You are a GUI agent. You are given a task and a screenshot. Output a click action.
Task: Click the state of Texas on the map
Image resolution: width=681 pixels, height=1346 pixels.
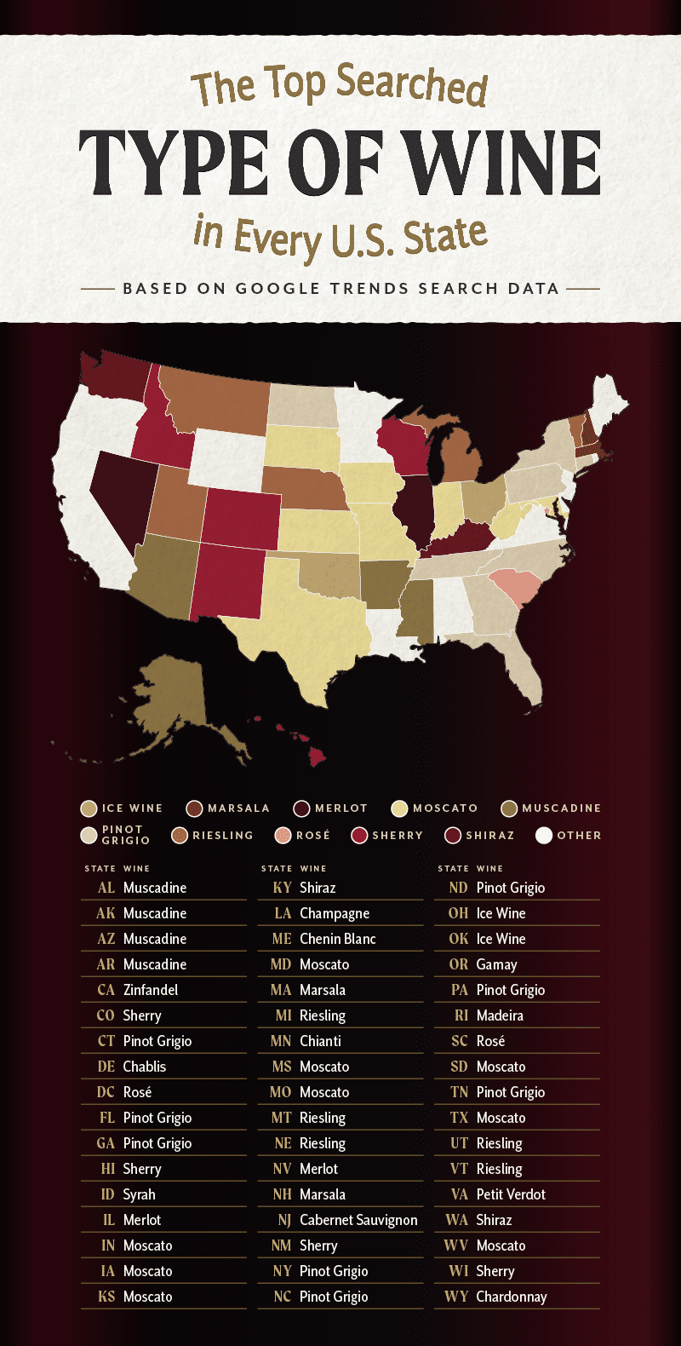(298, 622)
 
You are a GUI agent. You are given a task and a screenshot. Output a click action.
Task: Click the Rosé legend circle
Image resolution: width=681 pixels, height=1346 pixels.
(283, 836)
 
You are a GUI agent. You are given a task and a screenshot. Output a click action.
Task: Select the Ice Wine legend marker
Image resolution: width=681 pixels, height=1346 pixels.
(89, 808)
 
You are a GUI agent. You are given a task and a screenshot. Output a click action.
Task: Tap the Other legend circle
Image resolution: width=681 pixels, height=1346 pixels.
(544, 836)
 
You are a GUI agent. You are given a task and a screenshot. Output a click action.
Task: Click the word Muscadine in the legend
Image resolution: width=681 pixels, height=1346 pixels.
(561, 808)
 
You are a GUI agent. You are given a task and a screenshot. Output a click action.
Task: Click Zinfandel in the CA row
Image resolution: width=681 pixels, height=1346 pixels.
(151, 990)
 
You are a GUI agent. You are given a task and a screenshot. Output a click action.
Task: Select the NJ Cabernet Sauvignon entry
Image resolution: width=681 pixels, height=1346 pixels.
(358, 1220)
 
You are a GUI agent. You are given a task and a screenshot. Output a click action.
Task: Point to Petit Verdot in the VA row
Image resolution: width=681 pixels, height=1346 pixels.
(511, 1194)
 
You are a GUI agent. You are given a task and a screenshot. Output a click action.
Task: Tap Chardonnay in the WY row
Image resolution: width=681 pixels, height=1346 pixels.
(512, 1297)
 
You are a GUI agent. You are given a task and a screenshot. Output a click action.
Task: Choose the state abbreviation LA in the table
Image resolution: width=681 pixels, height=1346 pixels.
(283, 913)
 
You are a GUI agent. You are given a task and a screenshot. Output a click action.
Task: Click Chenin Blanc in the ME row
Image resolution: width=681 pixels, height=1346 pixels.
(338, 939)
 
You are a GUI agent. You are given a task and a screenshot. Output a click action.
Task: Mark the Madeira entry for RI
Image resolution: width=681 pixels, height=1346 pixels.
(500, 1015)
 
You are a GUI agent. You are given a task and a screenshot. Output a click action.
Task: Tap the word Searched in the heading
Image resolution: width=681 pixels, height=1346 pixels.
(411, 85)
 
